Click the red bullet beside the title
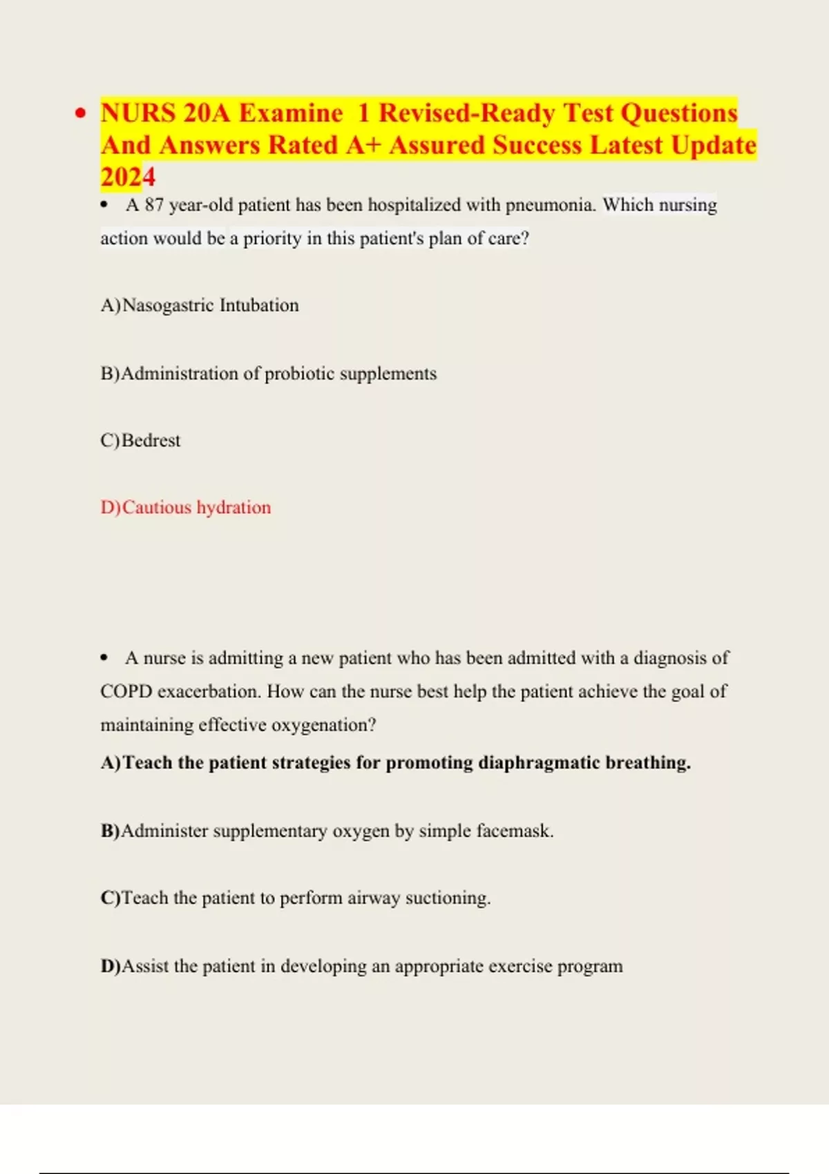click(82, 114)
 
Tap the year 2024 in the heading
click(128, 177)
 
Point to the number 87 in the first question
click(154, 205)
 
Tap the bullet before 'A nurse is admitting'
click(104, 658)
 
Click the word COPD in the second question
click(126, 691)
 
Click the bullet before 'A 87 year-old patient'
click(104, 205)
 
